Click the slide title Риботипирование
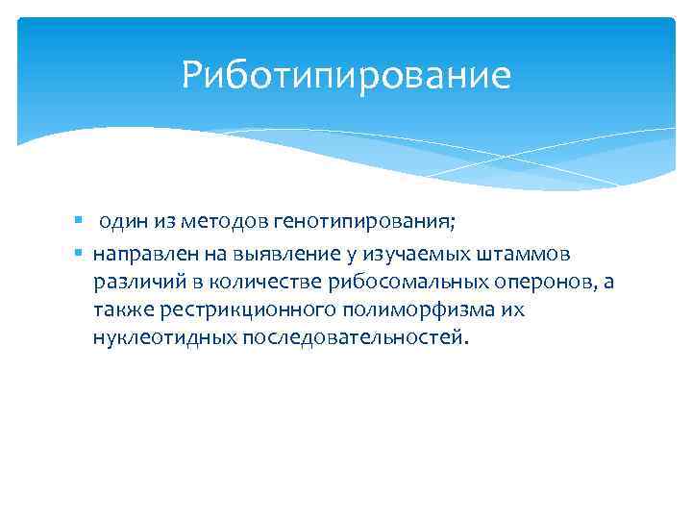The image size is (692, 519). pyautogui.click(x=346, y=75)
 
